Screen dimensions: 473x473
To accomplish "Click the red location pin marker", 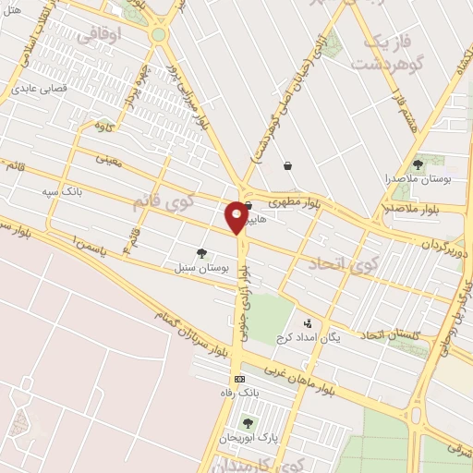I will pos(237,216).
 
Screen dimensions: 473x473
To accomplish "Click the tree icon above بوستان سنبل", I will pos(200,252).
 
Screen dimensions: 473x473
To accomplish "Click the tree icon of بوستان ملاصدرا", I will pos(418,164).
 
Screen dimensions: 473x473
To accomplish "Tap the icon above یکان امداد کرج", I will pos(307,323).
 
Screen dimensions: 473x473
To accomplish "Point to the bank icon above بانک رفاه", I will pos(240,379).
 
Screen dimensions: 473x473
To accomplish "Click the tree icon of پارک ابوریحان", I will pos(247,423).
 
